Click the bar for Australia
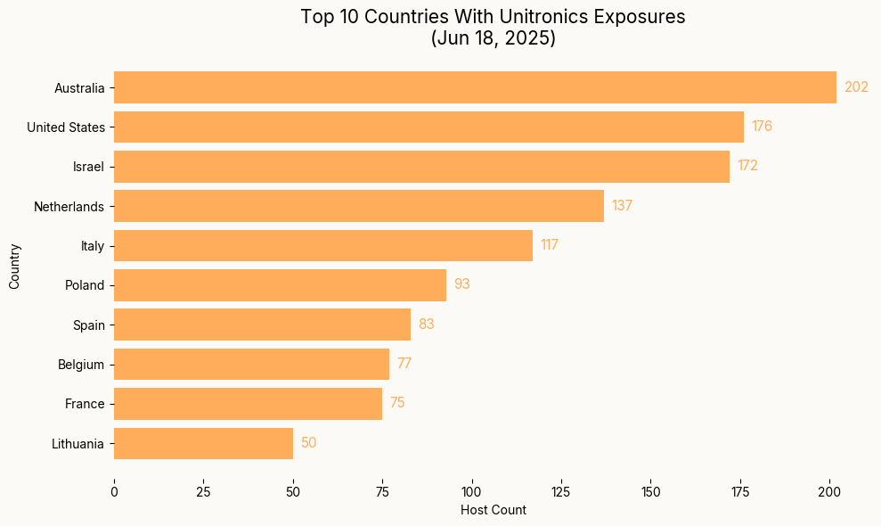(x=475, y=87)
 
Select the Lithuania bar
(x=203, y=443)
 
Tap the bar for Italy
(x=322, y=245)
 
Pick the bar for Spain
(x=262, y=325)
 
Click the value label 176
(x=762, y=127)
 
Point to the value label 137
(x=622, y=206)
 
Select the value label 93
(x=461, y=284)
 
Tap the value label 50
(x=308, y=443)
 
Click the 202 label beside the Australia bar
(x=856, y=87)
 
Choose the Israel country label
(x=88, y=167)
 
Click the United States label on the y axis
(x=66, y=127)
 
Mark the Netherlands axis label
(x=69, y=207)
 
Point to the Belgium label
(x=81, y=365)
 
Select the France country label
(x=85, y=404)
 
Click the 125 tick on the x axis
(x=561, y=492)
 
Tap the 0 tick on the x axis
(x=114, y=492)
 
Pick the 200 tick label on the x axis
(x=830, y=492)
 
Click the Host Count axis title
(x=493, y=511)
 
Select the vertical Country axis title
(x=14, y=266)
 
